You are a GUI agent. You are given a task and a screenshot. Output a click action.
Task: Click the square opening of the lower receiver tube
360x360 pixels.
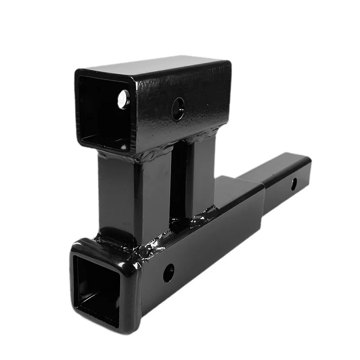click(x=97, y=288)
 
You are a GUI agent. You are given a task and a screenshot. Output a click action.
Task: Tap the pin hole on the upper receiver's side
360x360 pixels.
click(x=178, y=108)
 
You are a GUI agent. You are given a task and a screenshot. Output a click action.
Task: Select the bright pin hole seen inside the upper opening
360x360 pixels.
click(x=123, y=99)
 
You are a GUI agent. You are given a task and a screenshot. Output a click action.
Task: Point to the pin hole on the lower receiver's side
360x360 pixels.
click(x=168, y=272)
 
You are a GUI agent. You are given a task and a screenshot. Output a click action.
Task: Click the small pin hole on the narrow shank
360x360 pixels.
click(x=293, y=184)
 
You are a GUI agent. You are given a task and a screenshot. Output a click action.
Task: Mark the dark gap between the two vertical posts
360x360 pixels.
click(x=178, y=184)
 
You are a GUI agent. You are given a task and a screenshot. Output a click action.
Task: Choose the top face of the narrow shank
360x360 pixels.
click(x=274, y=164)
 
